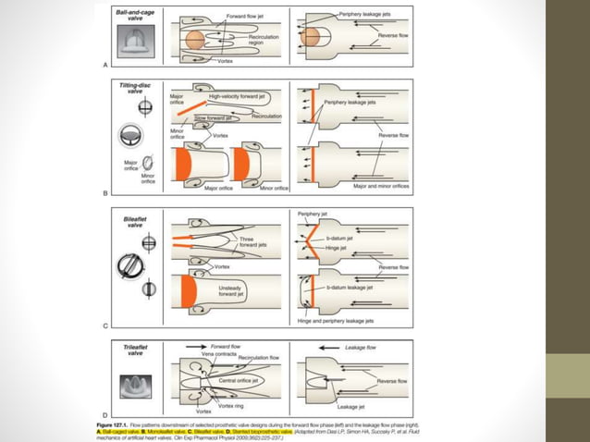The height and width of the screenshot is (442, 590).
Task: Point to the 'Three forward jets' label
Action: point(247,242)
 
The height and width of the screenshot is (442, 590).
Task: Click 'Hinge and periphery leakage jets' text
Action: point(336,321)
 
